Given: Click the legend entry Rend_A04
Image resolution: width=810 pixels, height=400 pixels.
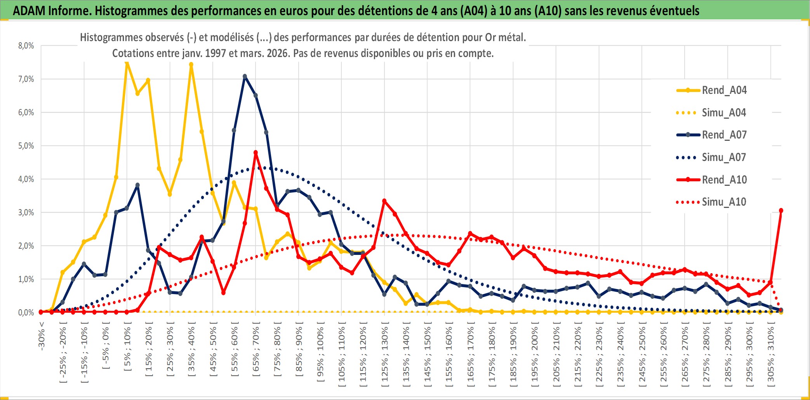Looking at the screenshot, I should pos(724,90).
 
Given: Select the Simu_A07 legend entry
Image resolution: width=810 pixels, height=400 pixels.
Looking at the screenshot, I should pos(724,158).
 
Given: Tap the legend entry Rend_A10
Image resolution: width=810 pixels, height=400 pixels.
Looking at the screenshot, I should pos(724,180).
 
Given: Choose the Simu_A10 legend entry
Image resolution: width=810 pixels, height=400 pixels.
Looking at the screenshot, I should pos(724,202).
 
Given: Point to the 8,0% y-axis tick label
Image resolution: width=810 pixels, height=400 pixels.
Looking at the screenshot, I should pos(26,46).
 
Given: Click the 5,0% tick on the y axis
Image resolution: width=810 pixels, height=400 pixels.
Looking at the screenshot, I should pos(26,146).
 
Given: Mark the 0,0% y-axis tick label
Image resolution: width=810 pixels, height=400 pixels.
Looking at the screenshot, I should pos(26,312).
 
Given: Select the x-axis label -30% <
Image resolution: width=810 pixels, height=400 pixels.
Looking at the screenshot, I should pos(42,336).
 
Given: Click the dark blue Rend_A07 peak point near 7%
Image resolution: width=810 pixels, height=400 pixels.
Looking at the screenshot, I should pos(245,76).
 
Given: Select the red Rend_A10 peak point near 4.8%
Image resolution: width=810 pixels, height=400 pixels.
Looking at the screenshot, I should pos(256,152).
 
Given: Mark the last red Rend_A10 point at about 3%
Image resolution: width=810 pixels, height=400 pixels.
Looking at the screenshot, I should pos(781,211).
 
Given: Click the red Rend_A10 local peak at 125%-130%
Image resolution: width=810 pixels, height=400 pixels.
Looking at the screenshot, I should pos(384,201).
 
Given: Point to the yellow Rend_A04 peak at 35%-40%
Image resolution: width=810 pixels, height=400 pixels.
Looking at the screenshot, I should pos(191,65).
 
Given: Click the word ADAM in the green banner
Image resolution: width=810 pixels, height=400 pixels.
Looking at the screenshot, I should pos(29,10).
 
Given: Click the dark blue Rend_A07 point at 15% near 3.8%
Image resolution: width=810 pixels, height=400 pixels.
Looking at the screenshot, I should pos(137,185).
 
